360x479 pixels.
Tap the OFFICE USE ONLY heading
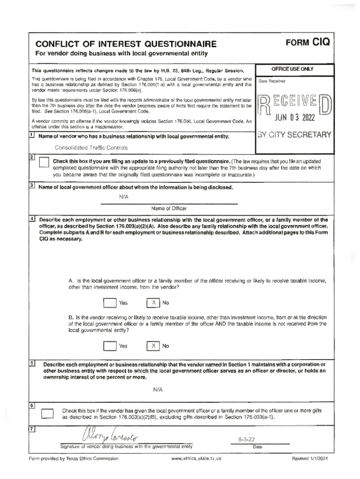pyautogui.click(x=293, y=69)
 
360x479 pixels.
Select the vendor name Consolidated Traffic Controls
pyautogui.click(x=91, y=148)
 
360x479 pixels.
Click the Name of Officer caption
pyautogui.click(x=169, y=208)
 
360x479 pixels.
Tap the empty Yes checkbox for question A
pyautogui.click(x=109, y=303)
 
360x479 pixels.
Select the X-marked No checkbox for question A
pyautogui.click(x=153, y=303)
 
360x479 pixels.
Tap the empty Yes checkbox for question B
pyautogui.click(x=109, y=346)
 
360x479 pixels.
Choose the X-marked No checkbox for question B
pyautogui.click(x=153, y=346)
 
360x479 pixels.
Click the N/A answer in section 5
pyautogui.click(x=158, y=389)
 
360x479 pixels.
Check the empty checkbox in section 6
pyautogui.click(x=47, y=413)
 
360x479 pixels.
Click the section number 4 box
pyautogui.click(x=32, y=218)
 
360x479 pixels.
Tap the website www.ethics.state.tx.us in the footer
pyautogui.click(x=196, y=458)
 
